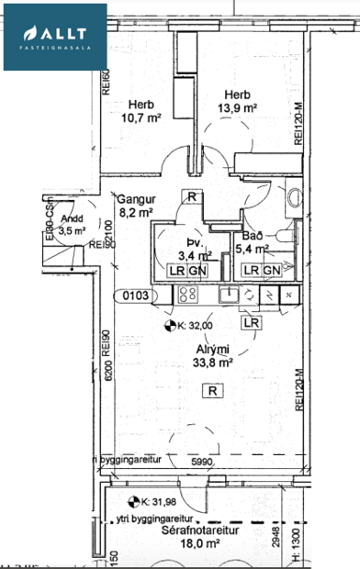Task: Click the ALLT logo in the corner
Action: (x=54, y=36)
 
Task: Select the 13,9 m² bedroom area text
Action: (x=238, y=108)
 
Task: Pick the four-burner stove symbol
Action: (x=188, y=295)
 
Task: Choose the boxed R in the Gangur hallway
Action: (x=190, y=196)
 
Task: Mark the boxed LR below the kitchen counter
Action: (x=251, y=323)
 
